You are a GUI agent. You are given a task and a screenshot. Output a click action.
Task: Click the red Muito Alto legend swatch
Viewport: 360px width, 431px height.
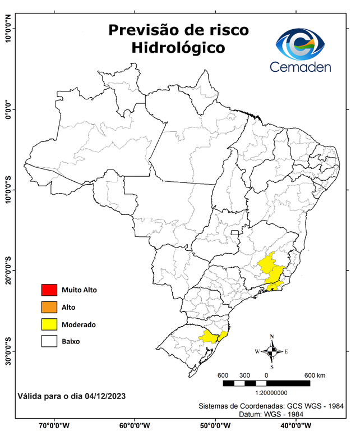pyautogui.click(x=49, y=290)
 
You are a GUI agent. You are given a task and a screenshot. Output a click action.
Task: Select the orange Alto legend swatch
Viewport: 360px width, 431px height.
pyautogui.click(x=49, y=307)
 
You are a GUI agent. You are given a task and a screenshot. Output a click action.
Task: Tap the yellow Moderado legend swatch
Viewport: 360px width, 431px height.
pyautogui.click(x=49, y=324)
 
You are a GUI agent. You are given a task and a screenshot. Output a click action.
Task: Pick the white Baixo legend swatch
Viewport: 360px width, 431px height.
pyautogui.click(x=49, y=341)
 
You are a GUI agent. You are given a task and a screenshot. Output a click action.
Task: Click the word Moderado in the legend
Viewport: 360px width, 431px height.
pyautogui.click(x=79, y=324)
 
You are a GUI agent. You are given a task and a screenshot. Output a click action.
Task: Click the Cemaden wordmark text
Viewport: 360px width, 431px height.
pyautogui.click(x=301, y=67)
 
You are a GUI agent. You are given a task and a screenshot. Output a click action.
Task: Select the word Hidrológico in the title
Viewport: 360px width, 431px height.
pyautogui.click(x=178, y=48)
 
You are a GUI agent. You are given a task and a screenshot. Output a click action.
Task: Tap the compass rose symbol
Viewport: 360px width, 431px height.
pyautogui.click(x=272, y=351)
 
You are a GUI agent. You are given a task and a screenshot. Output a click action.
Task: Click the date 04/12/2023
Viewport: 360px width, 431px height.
pyautogui.click(x=106, y=396)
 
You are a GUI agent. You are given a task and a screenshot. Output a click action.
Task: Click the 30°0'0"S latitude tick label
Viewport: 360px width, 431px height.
pyautogui.click(x=8, y=351)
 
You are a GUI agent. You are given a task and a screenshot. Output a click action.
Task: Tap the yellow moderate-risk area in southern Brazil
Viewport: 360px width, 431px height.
pyautogui.click(x=211, y=336)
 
